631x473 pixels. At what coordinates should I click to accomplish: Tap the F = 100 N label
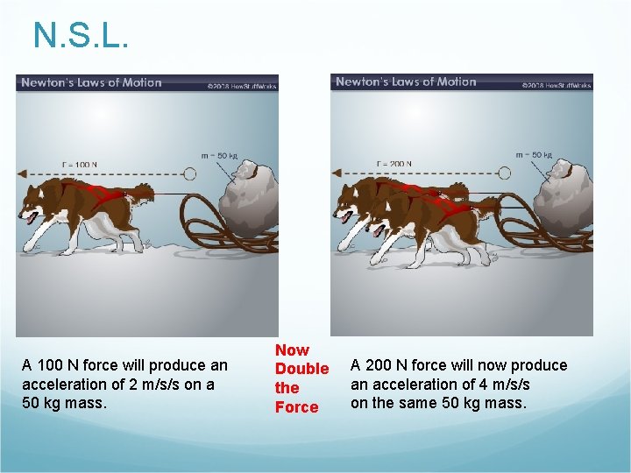[x=80, y=164]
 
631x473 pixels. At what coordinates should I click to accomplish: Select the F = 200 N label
[x=394, y=164]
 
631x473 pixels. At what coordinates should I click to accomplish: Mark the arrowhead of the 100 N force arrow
[x=23, y=173]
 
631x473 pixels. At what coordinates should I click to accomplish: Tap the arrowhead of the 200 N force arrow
[x=337, y=173]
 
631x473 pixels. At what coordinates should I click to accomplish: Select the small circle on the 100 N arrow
[x=189, y=173]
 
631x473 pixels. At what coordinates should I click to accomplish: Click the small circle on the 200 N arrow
[x=504, y=173]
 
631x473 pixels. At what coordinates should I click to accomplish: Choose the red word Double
[x=301, y=369]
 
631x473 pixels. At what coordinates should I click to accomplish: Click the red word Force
[x=296, y=407]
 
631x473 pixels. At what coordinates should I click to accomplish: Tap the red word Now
[x=292, y=349]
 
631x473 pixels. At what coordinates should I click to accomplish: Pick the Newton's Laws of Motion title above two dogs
[x=406, y=82]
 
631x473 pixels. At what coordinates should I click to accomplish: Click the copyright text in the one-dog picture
[x=242, y=86]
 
